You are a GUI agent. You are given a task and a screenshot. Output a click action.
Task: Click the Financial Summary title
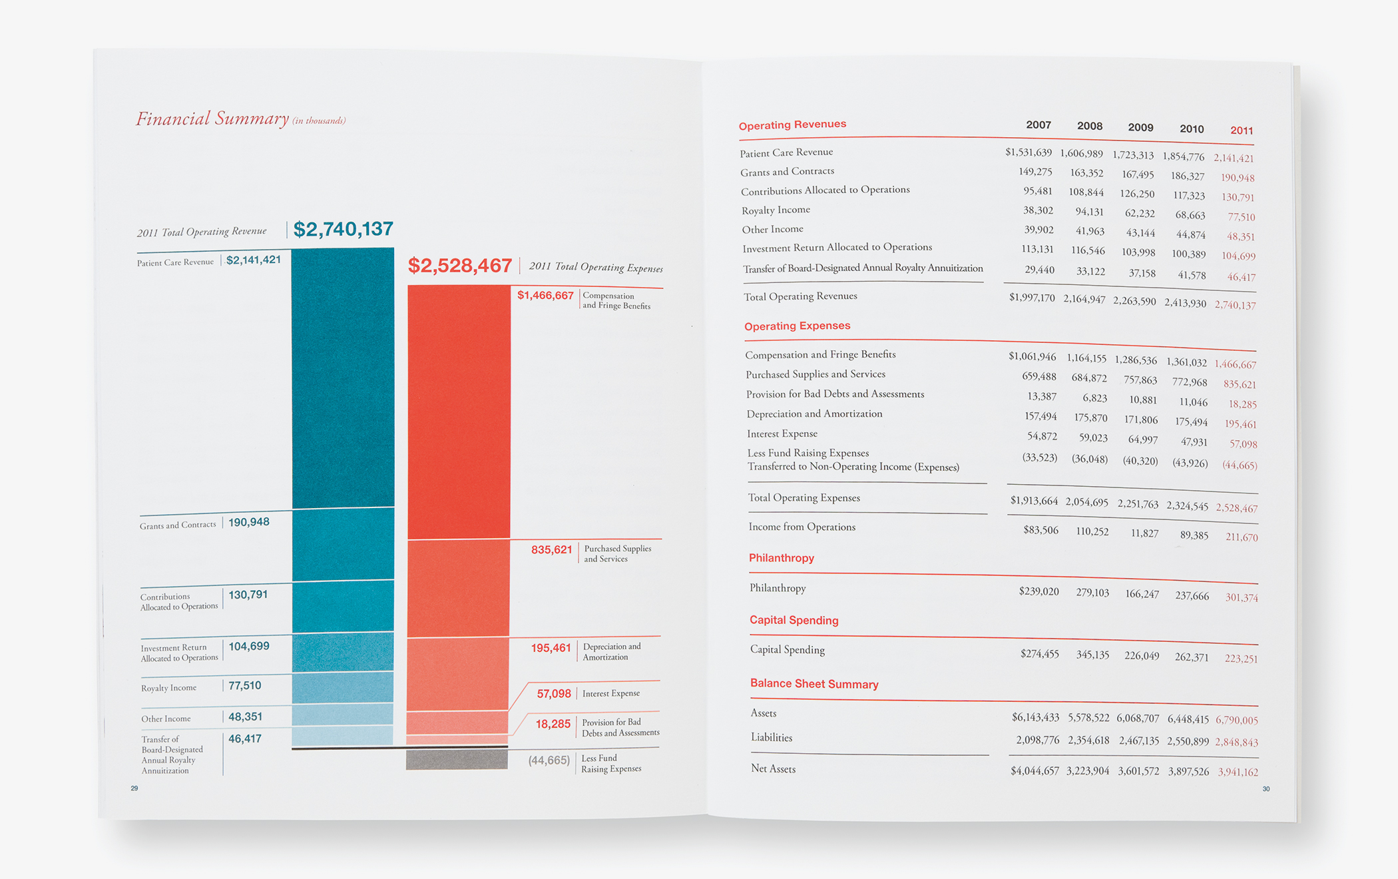(x=212, y=119)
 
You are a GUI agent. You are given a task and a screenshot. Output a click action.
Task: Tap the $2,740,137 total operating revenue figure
(x=343, y=229)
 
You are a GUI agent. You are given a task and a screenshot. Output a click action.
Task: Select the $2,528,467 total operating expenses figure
(x=459, y=266)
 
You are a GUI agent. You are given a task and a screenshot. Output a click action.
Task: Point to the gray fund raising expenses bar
(x=457, y=760)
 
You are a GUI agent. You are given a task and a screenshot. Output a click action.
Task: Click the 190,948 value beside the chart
(x=249, y=522)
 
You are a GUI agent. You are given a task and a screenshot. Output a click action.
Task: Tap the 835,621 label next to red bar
(x=551, y=550)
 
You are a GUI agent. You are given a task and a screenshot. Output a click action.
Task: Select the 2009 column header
(x=1140, y=127)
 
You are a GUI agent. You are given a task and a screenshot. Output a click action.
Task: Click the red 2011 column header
(x=1242, y=131)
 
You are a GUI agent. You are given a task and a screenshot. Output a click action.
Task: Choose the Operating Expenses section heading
(x=797, y=326)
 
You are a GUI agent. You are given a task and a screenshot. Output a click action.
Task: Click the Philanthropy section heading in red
(x=782, y=558)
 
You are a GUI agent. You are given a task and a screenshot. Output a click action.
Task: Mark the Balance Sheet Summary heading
(x=814, y=684)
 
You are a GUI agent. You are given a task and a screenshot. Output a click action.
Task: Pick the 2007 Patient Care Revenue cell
(x=1029, y=152)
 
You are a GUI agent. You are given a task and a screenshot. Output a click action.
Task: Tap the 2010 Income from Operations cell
(x=1194, y=535)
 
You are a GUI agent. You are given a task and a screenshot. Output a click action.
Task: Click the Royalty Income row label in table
(x=776, y=210)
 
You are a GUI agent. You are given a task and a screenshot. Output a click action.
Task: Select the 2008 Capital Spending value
(x=1092, y=655)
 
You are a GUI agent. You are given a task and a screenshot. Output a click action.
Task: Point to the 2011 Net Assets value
(x=1238, y=772)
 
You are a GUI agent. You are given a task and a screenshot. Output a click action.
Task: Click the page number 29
(x=134, y=788)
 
